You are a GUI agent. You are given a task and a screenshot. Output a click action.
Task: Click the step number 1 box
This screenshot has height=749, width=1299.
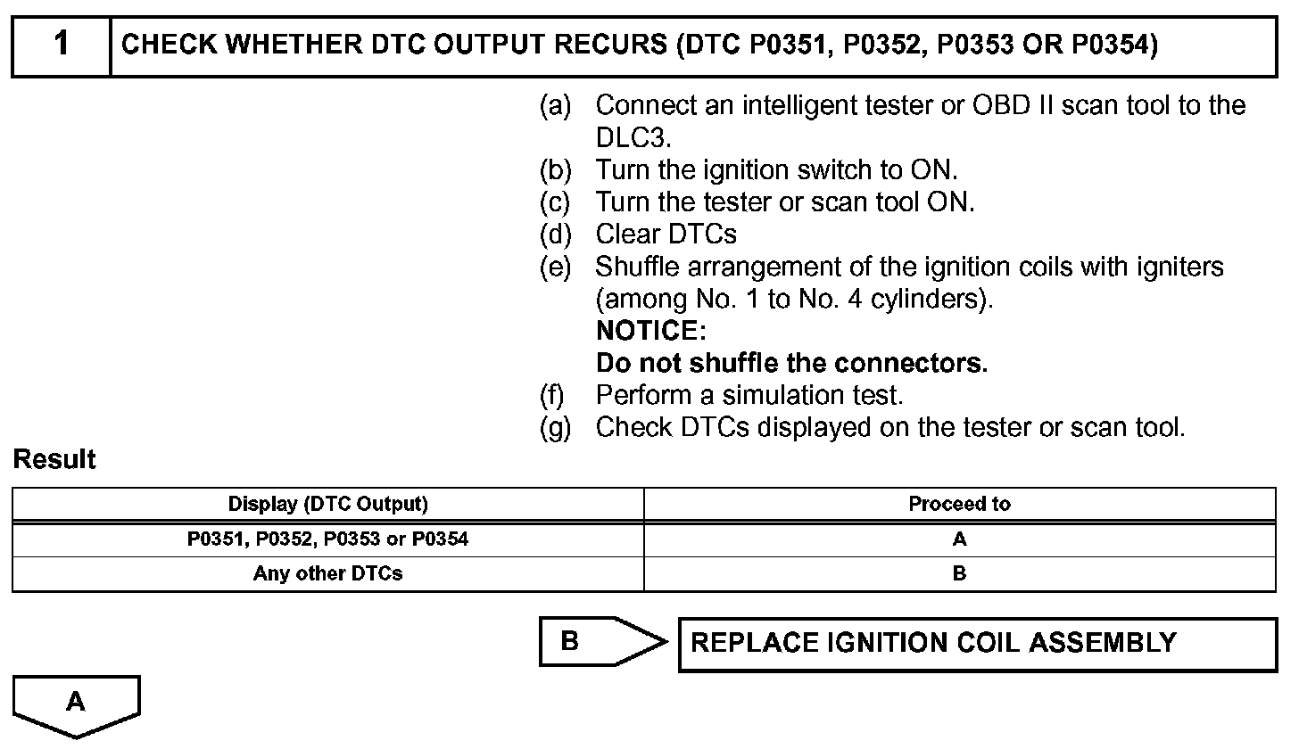[x=61, y=45]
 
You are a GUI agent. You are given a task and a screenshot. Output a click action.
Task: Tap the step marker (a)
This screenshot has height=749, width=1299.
[x=555, y=106]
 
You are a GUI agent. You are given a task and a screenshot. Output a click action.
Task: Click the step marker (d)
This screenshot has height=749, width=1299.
[x=555, y=235]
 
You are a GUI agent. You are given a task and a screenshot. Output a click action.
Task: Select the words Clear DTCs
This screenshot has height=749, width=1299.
[x=666, y=235]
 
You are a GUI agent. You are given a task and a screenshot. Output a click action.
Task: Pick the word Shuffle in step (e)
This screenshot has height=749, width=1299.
[x=641, y=267]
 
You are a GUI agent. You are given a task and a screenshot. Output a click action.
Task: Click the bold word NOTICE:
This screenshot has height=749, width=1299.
[x=651, y=331]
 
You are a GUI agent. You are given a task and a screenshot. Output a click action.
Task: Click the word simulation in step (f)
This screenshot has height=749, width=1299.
[x=779, y=395]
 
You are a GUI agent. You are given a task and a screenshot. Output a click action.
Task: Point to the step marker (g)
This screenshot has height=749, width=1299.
[x=555, y=428]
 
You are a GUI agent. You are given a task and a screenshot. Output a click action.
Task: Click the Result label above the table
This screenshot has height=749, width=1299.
[x=54, y=461]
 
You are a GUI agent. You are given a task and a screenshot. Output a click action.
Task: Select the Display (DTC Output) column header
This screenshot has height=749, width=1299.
[x=327, y=505]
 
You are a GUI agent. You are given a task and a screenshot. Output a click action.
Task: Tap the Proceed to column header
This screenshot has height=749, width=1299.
[x=959, y=505]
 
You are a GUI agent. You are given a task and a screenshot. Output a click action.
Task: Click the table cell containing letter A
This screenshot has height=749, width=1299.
[x=959, y=539]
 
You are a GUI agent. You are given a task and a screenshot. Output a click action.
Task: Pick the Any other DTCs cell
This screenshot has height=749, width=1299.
[x=327, y=574]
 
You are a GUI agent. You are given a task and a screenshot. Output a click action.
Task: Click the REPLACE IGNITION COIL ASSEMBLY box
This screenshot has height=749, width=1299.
[x=978, y=644]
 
